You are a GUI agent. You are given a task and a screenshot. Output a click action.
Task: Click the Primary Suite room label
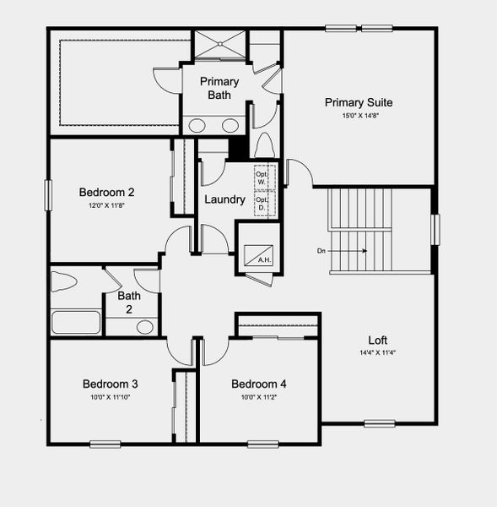tap(359, 102)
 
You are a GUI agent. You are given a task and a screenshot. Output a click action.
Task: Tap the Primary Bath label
tap(219, 88)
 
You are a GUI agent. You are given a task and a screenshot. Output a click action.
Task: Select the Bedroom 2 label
tap(106, 192)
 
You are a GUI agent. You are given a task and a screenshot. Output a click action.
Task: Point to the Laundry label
tap(224, 200)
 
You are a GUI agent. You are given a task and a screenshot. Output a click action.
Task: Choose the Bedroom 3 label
tap(110, 384)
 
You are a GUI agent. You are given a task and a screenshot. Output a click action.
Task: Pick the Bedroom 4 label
tap(259, 384)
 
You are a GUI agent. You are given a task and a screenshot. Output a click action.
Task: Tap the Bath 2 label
tap(129, 302)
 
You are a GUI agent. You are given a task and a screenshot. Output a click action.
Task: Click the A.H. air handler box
tap(256, 253)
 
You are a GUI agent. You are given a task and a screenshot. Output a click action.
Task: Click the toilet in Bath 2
tap(65, 282)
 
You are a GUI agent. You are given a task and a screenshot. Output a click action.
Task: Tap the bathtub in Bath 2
tap(76, 323)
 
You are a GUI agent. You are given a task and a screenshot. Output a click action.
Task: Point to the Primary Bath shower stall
tap(220, 45)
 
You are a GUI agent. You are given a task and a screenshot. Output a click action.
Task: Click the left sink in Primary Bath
tap(197, 126)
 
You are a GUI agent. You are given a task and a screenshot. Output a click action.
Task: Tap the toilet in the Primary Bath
tap(263, 145)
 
